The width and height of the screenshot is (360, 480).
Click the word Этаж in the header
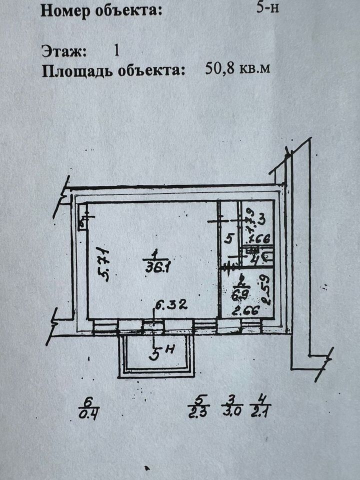(x=64, y=50)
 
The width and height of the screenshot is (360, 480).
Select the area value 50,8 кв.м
(x=238, y=68)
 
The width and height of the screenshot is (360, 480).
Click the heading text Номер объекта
(x=101, y=10)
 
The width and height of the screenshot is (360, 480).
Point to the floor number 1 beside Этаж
(x=116, y=50)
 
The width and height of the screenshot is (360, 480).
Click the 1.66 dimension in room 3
(x=260, y=238)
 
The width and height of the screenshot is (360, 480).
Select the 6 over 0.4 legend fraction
(x=89, y=406)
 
